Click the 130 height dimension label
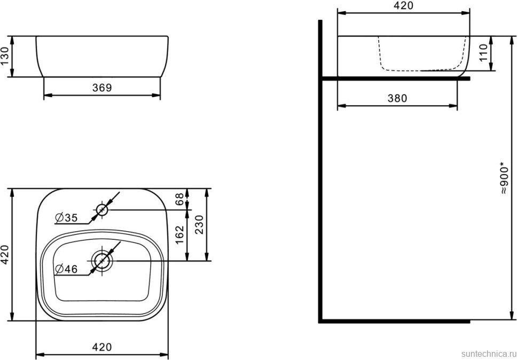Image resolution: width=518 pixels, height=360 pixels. [x=5, y=57]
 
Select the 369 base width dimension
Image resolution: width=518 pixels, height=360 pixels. [x=102, y=88]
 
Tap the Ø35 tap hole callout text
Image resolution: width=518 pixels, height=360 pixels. [x=66, y=217]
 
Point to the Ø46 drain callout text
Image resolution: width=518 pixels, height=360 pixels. [x=66, y=270]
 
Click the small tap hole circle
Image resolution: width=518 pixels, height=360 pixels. [x=102, y=210]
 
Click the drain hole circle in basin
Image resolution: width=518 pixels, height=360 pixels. [x=102, y=261]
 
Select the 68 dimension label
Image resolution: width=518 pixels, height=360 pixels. [x=179, y=199]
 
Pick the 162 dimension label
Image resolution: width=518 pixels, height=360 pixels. [x=179, y=235]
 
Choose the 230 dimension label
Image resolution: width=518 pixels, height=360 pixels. [x=199, y=225]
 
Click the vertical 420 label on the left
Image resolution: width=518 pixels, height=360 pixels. [x=5, y=254]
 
